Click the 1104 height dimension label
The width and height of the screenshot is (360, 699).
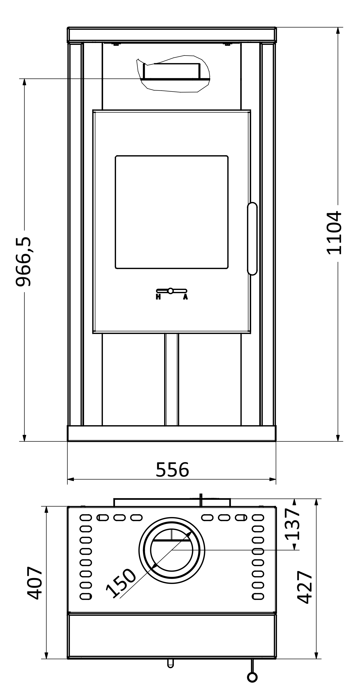pyautogui.click(x=334, y=233)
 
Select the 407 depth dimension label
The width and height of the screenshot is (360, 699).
pyautogui.click(x=35, y=583)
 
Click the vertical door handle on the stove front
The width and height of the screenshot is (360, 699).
pyautogui.click(x=252, y=239)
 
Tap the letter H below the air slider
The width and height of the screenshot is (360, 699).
pyautogui.click(x=158, y=297)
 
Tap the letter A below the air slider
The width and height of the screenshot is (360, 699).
pyautogui.click(x=185, y=297)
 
